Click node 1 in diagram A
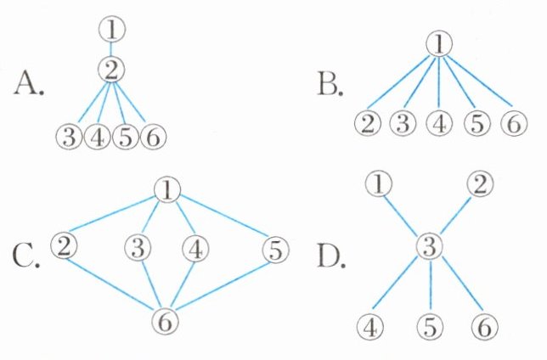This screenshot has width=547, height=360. [111, 29]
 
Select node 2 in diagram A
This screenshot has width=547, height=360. [111, 70]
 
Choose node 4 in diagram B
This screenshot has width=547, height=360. [438, 123]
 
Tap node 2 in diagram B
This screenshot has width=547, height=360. [366, 123]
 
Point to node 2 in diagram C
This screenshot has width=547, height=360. [63, 246]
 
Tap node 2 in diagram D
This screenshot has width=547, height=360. [480, 183]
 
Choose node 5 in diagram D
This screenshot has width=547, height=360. [431, 325]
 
